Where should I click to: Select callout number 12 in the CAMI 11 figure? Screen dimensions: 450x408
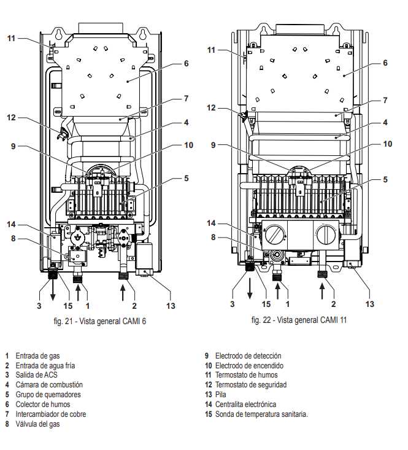(212, 107)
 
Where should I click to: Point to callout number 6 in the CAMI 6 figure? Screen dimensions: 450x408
(186, 63)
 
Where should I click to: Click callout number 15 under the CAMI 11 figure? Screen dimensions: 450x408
(266, 303)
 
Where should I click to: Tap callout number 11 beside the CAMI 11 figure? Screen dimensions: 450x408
(212, 50)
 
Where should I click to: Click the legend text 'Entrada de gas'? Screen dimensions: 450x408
(37, 355)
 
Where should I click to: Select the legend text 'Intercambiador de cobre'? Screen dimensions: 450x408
(51, 414)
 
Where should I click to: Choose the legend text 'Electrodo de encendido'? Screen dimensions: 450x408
(249, 365)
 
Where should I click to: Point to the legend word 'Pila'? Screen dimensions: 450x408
(221, 395)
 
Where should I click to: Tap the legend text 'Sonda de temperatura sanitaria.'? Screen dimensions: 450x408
(261, 414)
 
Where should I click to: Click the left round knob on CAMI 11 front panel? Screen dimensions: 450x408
(274, 236)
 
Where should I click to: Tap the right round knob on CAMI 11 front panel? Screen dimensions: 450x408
(326, 235)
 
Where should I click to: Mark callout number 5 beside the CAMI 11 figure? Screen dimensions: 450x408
(386, 180)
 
